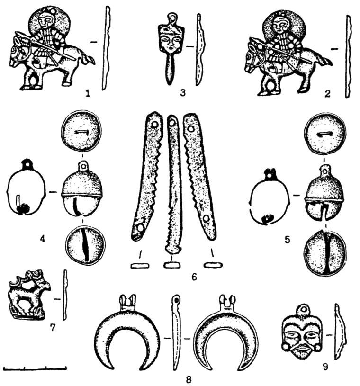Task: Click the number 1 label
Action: pyautogui.click(x=88, y=93)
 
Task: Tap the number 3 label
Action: pyautogui.click(x=182, y=93)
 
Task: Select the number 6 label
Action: pyautogui.click(x=194, y=277)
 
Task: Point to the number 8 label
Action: pyautogui.click(x=189, y=379)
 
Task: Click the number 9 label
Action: pyautogui.click(x=325, y=367)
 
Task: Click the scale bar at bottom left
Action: pyautogui.click(x=35, y=368)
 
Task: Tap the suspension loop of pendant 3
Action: pyautogui.click(x=172, y=18)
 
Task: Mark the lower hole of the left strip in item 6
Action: pyautogui.click(x=140, y=228)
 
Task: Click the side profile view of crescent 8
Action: pyautogui.click(x=176, y=332)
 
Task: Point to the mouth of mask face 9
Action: pyautogui.click(x=303, y=348)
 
